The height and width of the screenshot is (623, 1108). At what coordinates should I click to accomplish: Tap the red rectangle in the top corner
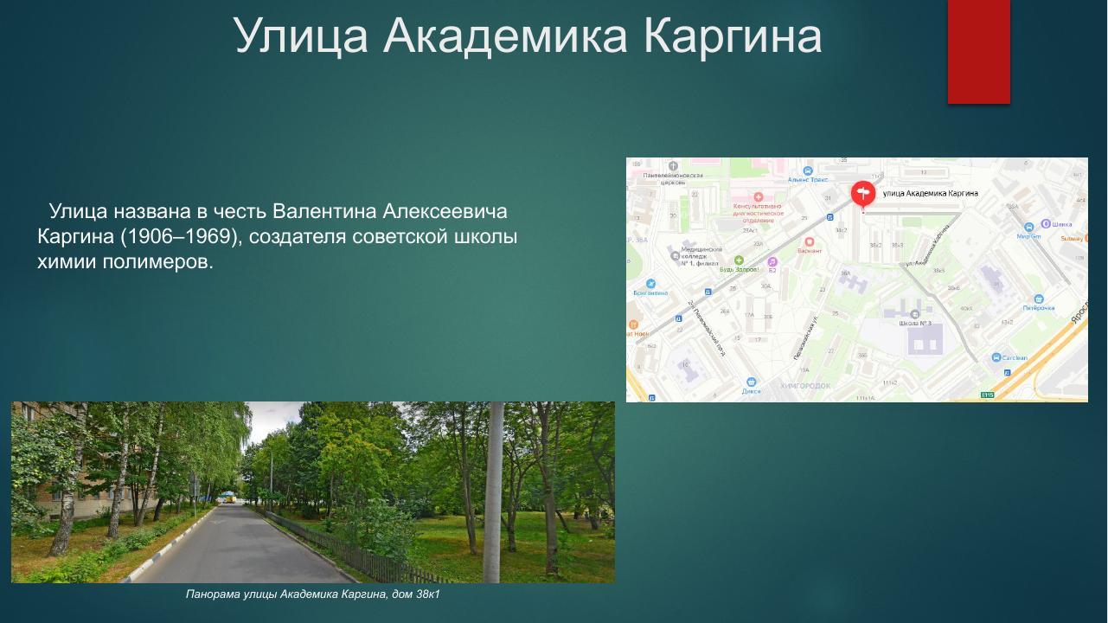pos(978,51)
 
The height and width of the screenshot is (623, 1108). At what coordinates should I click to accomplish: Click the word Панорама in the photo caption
pos(213,594)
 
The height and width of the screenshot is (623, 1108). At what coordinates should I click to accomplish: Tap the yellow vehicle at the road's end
pos(228,497)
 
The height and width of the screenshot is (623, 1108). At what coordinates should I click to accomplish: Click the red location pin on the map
pos(862,193)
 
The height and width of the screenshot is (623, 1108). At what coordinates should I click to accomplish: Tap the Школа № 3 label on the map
pos(915,324)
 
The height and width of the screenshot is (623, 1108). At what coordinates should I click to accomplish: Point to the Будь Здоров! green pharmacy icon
pos(739,260)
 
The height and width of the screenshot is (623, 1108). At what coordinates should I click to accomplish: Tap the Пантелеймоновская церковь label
pos(673,179)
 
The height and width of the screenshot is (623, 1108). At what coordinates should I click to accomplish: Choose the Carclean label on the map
pos(1015,358)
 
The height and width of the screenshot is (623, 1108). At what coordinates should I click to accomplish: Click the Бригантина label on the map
pos(650,292)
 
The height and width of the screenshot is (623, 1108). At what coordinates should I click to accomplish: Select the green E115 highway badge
pos(987,395)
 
